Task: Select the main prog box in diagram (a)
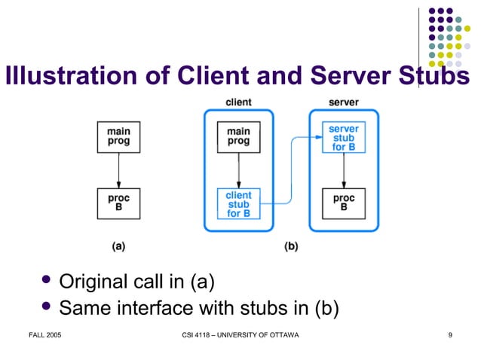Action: [x=118, y=136]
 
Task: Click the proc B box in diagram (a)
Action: [x=118, y=203]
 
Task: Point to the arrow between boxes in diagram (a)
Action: [x=118, y=170]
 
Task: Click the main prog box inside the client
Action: [x=238, y=136]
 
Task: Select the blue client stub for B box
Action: [x=238, y=204]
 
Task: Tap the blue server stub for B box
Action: [x=344, y=138]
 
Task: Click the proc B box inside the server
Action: [x=344, y=203]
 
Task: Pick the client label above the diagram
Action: [x=238, y=102]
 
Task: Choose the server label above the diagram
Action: [x=344, y=102]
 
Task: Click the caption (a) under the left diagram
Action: [x=118, y=246]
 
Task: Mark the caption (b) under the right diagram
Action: [x=290, y=246]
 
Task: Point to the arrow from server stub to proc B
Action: [x=344, y=170]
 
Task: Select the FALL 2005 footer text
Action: [x=45, y=334]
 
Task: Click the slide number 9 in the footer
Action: [x=449, y=334]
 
